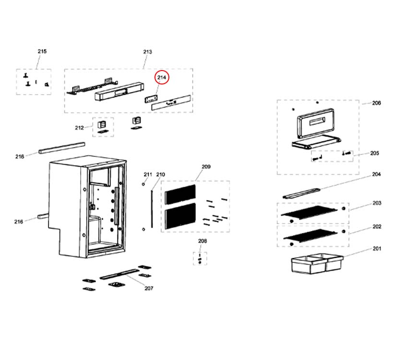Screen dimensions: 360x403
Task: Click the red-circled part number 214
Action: [162, 77]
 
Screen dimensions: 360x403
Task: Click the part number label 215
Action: [42, 51]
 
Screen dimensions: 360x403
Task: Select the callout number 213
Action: [147, 52]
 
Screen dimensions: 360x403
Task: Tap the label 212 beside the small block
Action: [79, 128]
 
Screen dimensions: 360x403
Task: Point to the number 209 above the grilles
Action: [206, 167]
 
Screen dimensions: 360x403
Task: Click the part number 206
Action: [377, 103]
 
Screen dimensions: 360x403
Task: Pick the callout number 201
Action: [377, 249]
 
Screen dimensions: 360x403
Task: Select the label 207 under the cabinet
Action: [149, 288]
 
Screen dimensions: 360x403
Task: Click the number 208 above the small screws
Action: [202, 241]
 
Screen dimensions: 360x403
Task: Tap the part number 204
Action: [377, 174]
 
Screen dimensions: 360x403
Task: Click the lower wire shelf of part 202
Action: [312, 235]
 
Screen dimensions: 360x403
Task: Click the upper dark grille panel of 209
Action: [180, 193]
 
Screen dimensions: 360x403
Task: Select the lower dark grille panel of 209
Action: [180, 216]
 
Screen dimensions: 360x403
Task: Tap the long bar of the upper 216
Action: [62, 147]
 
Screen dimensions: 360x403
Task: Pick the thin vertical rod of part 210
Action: [152, 207]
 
